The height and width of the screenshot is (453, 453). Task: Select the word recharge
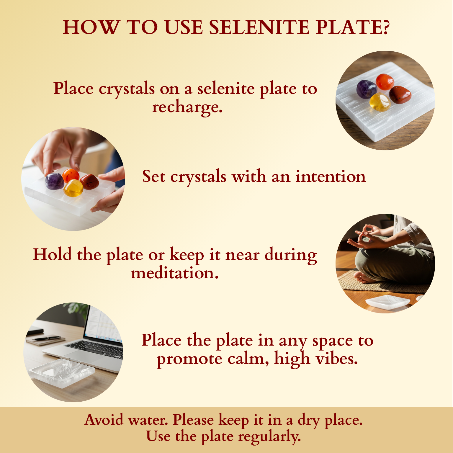click(x=187, y=107)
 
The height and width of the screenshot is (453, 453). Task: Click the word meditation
click(x=175, y=273)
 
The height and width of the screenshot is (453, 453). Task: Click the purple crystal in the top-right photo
click(x=367, y=89)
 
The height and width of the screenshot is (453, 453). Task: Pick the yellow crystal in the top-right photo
click(x=380, y=102)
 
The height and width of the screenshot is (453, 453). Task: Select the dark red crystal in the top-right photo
click(x=400, y=94)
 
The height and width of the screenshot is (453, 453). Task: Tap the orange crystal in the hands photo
click(x=71, y=176)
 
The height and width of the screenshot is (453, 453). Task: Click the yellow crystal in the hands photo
click(x=73, y=188)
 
